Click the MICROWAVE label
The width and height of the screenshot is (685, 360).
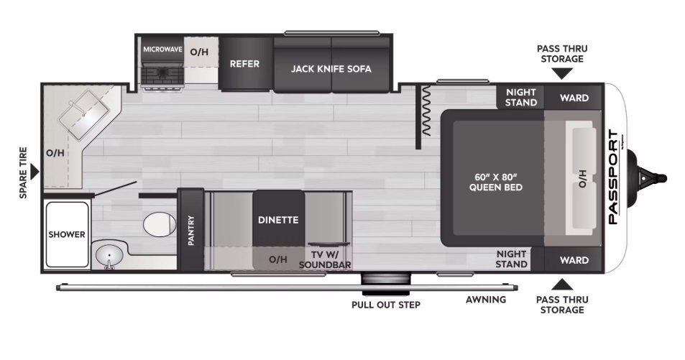click(162, 50)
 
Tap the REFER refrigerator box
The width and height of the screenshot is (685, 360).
click(244, 64)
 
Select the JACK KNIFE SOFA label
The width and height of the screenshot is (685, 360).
click(331, 69)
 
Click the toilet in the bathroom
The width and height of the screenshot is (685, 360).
click(160, 223)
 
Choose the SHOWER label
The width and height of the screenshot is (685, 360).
click(67, 235)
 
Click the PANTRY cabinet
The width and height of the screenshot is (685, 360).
click(190, 230)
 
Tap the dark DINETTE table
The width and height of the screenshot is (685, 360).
click(278, 218)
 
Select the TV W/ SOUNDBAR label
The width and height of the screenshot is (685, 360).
click(325, 259)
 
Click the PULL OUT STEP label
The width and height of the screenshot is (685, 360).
click(386, 305)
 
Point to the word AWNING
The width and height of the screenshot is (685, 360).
click(486, 300)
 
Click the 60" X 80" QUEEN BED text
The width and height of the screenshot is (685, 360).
click(496, 183)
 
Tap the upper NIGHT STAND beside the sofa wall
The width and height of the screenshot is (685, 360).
click(520, 97)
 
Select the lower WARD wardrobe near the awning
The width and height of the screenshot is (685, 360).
click(574, 260)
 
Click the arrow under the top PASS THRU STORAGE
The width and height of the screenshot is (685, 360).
click(562, 74)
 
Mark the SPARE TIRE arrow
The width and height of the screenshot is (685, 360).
click(34, 172)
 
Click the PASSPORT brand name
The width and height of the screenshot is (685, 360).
click(613, 177)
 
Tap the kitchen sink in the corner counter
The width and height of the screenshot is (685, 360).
click(83, 114)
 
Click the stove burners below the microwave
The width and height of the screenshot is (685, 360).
click(162, 75)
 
